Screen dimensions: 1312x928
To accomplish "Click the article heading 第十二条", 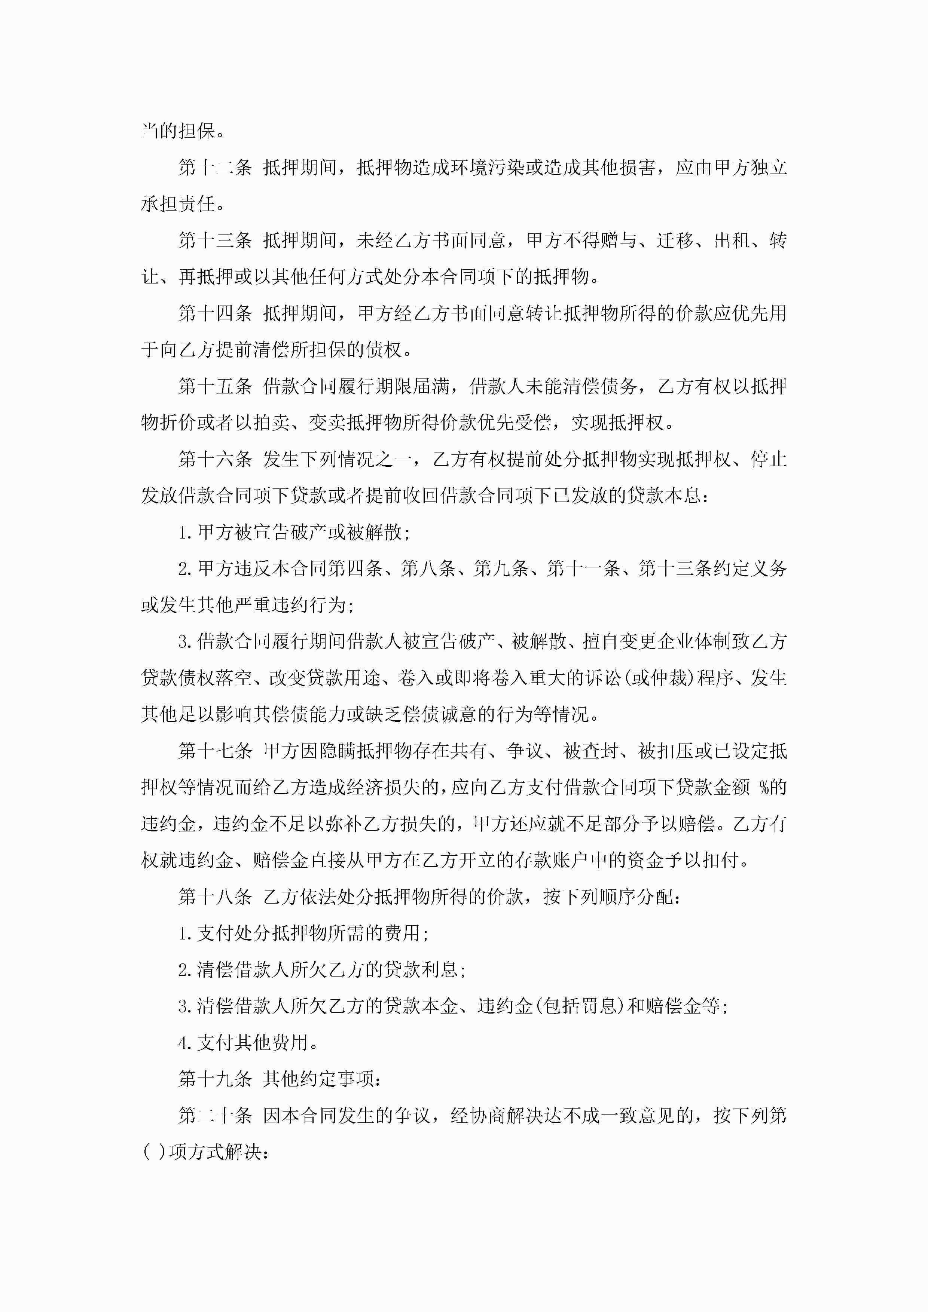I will pyautogui.click(x=215, y=168).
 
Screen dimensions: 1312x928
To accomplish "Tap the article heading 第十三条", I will pyautogui.click(x=215, y=240).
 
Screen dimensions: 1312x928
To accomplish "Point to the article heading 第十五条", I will pyautogui.click(x=215, y=386).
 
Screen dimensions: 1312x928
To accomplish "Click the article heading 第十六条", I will pyautogui.click(x=215, y=459).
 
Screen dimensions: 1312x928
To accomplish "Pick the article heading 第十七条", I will pyautogui.click(x=215, y=751).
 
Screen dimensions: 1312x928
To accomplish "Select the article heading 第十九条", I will pyautogui.click(x=215, y=1079).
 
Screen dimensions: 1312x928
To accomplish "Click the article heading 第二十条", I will pyautogui.click(x=215, y=1115).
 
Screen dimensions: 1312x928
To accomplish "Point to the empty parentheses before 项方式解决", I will pyautogui.click(x=153, y=1152).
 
